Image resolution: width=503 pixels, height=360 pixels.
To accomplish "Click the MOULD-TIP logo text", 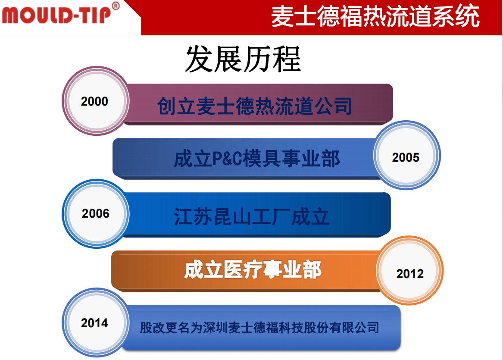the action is tap(56, 14).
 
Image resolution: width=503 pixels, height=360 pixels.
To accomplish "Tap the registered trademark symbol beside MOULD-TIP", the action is tap(116, 6).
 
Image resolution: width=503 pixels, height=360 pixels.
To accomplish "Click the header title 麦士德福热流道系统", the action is tap(375, 16).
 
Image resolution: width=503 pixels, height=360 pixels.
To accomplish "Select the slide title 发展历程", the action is tap(243, 59).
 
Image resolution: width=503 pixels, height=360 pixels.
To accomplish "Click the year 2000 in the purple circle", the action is tap(94, 101).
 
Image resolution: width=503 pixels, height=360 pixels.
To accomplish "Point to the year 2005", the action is tap(406, 157).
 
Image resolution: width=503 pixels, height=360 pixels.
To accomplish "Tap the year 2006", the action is tap(96, 213).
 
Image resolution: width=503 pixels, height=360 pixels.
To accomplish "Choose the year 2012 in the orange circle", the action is tap(410, 274).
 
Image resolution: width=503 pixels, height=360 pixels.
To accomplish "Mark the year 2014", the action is tap(94, 323).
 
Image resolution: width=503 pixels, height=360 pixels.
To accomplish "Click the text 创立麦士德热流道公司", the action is tap(255, 106).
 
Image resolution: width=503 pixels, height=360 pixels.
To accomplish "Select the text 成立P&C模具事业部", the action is tap(256, 159).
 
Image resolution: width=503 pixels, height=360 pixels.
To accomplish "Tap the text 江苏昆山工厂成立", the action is tap(252, 217).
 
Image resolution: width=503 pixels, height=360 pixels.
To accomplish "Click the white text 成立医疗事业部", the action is tap(253, 270).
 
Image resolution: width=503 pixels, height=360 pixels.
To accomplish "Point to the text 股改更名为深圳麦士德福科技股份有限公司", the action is tap(259, 328).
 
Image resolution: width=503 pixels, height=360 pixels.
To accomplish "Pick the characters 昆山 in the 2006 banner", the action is tap(231, 217).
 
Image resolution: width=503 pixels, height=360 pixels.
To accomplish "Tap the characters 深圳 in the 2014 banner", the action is tap(216, 328).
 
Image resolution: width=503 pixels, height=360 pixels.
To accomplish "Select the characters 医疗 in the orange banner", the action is tap(243, 270).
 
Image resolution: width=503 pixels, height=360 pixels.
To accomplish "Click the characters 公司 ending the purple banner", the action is tap(333, 106).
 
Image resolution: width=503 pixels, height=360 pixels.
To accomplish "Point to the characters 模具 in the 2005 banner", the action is tap(263, 159).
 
